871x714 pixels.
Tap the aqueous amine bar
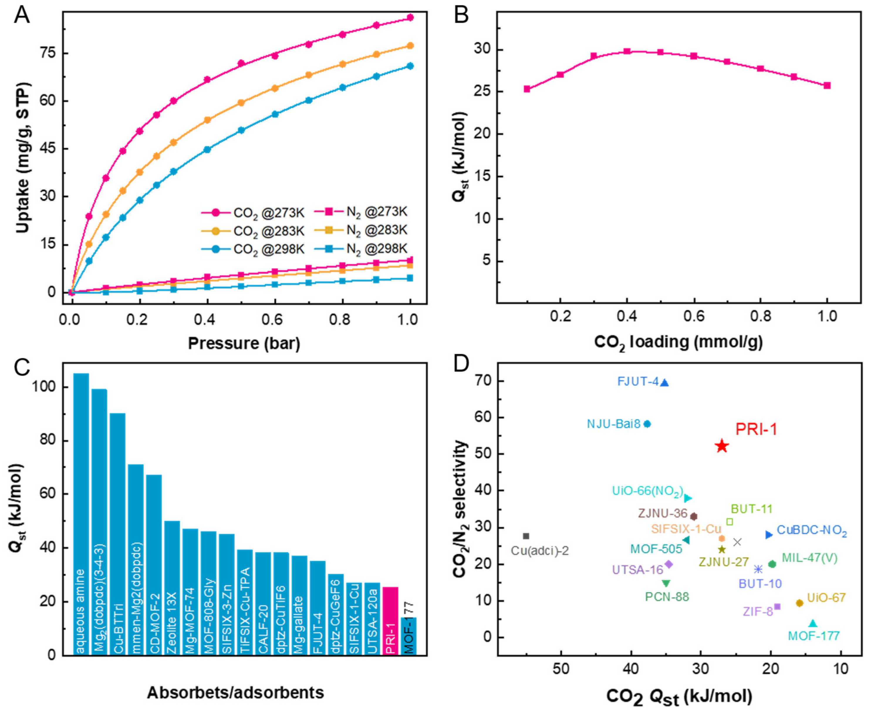81,514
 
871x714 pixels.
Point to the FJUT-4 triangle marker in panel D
664,383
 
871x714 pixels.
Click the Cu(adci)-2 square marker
526,536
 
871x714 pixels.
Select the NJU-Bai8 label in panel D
613,424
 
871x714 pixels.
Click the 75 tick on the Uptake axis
47,53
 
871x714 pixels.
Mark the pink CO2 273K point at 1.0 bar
410,18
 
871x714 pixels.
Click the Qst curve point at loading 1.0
827,86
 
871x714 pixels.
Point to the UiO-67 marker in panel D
799,603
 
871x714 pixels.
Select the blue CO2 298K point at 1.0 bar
410,66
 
